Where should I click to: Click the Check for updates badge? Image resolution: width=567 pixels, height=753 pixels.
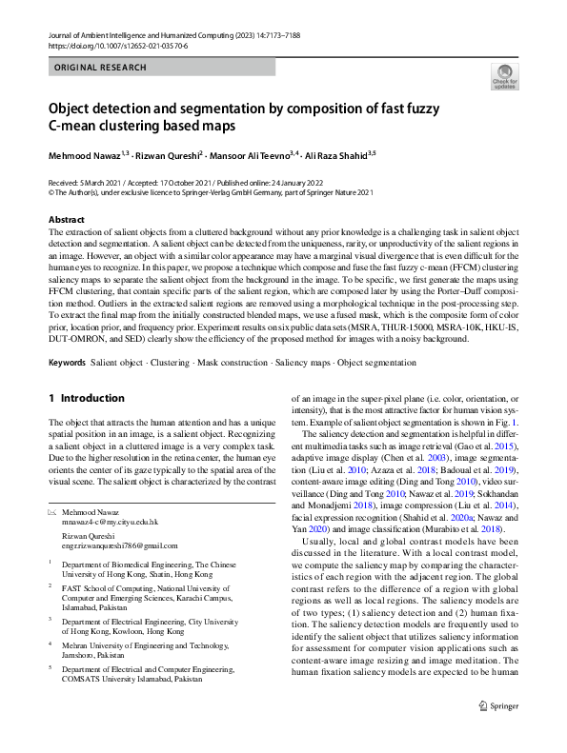[504, 75]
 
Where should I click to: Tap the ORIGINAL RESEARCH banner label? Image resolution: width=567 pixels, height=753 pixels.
[101, 68]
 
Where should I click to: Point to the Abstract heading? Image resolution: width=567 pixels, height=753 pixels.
[68, 220]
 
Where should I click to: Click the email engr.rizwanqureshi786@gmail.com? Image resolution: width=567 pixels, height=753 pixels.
[120, 545]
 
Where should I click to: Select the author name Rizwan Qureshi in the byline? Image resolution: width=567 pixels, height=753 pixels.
[166, 153]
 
